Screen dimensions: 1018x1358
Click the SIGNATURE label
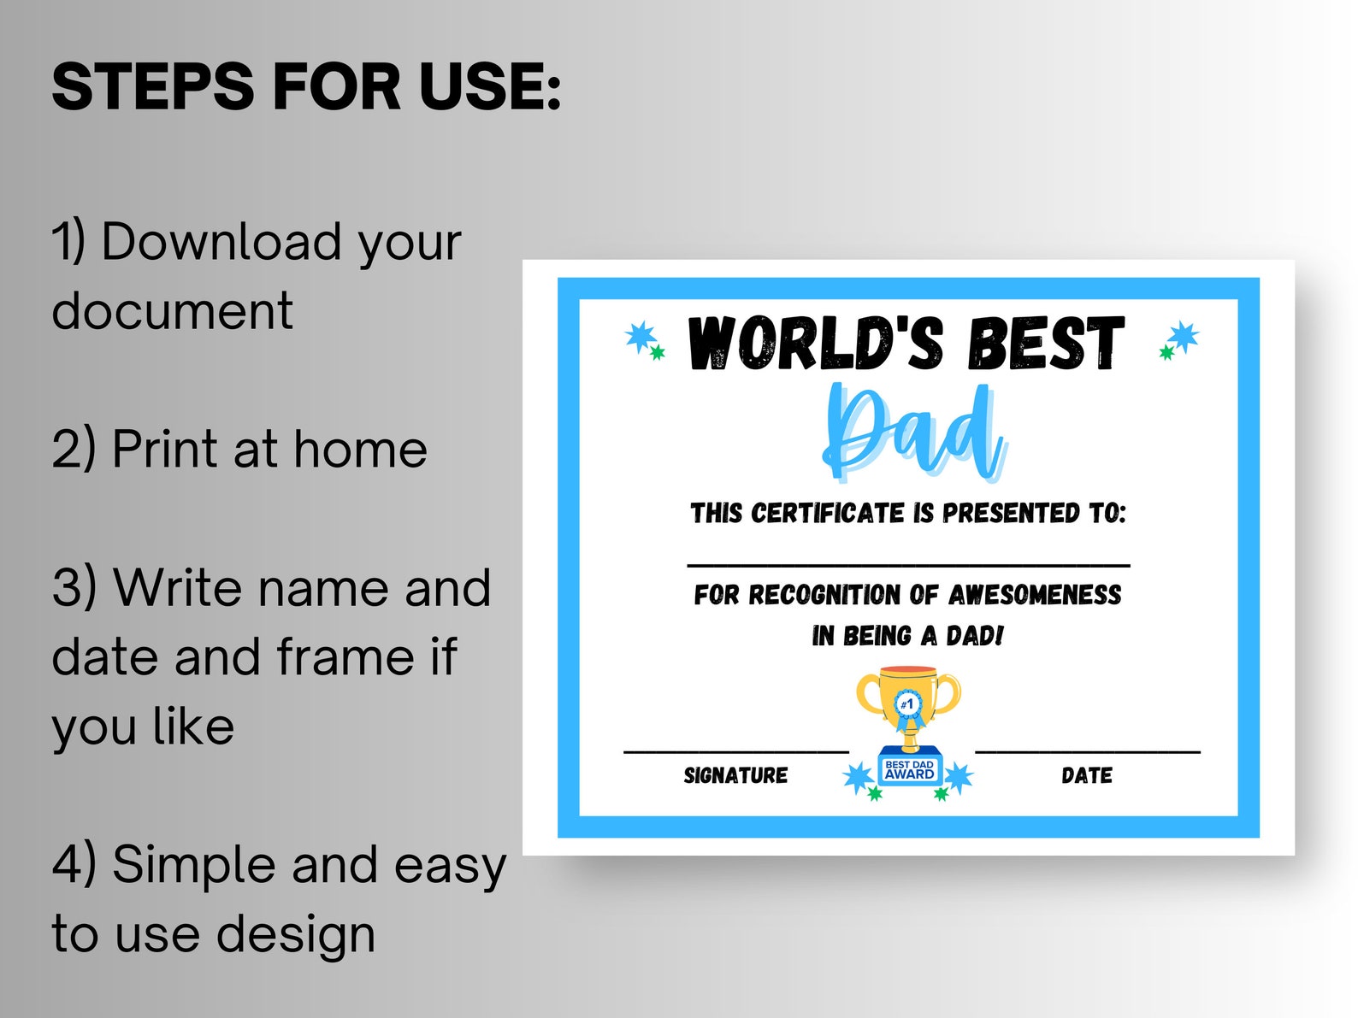coord(735,776)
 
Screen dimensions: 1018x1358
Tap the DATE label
coord(1087,776)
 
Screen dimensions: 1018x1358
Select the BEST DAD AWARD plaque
coord(909,769)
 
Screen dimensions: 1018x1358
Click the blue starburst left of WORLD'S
coord(641,337)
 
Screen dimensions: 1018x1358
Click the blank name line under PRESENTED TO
coord(908,565)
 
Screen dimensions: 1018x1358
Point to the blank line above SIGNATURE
coord(735,751)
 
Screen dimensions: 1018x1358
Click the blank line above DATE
coord(1087,751)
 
